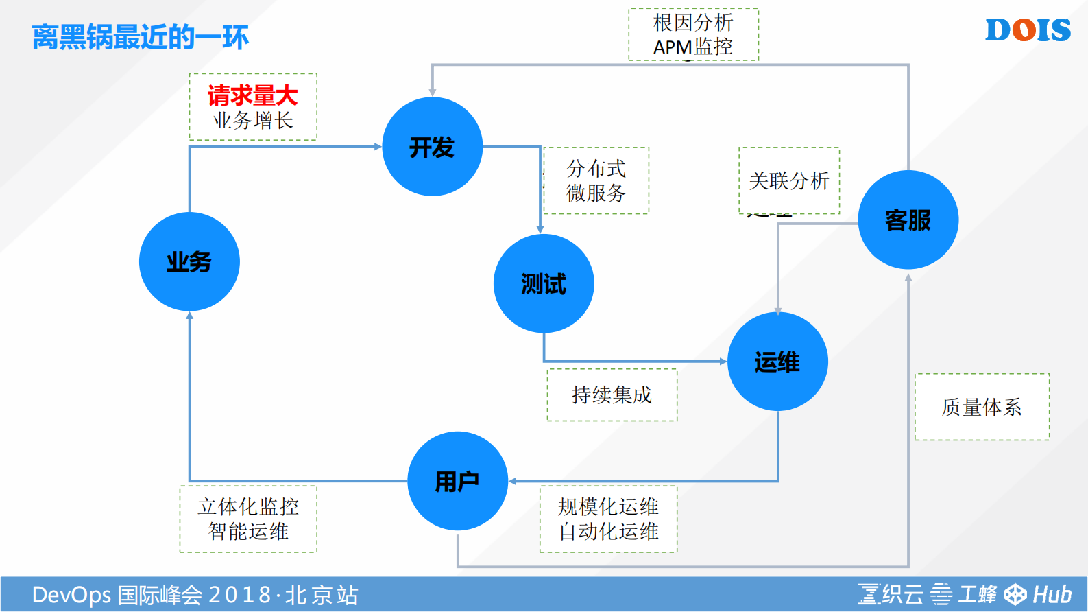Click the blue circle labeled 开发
click(432, 147)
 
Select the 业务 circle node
click(189, 261)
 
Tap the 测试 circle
click(544, 283)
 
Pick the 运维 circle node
click(777, 362)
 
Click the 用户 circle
click(457, 481)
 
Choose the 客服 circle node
click(908, 220)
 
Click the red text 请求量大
click(252, 95)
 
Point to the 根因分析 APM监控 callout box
click(693, 34)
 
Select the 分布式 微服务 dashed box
click(596, 180)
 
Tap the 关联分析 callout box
click(789, 180)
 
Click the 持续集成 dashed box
click(612, 395)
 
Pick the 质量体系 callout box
click(982, 407)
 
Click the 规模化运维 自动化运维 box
click(608, 519)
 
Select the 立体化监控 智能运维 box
click(248, 519)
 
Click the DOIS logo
click(1028, 30)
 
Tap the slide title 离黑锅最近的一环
click(140, 37)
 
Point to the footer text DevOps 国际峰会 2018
click(195, 595)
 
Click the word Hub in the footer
click(1052, 594)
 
